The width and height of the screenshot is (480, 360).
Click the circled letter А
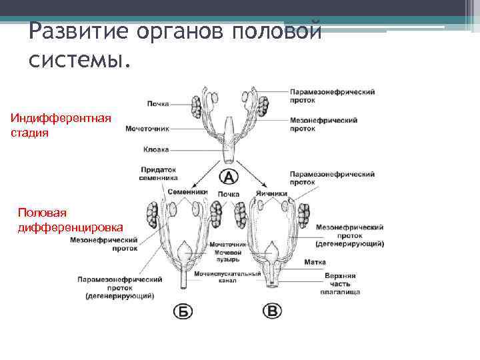point(228,177)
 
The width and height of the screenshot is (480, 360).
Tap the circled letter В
point(273,311)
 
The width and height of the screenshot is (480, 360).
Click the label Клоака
point(156,150)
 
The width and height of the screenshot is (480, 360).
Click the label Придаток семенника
point(159,174)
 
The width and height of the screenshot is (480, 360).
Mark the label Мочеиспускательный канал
point(227,277)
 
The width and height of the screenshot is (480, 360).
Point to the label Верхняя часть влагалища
point(340,283)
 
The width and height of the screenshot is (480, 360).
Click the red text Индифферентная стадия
point(60,125)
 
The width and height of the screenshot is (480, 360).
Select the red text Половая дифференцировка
point(71,219)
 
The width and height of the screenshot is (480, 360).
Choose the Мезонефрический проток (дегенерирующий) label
point(349,235)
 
